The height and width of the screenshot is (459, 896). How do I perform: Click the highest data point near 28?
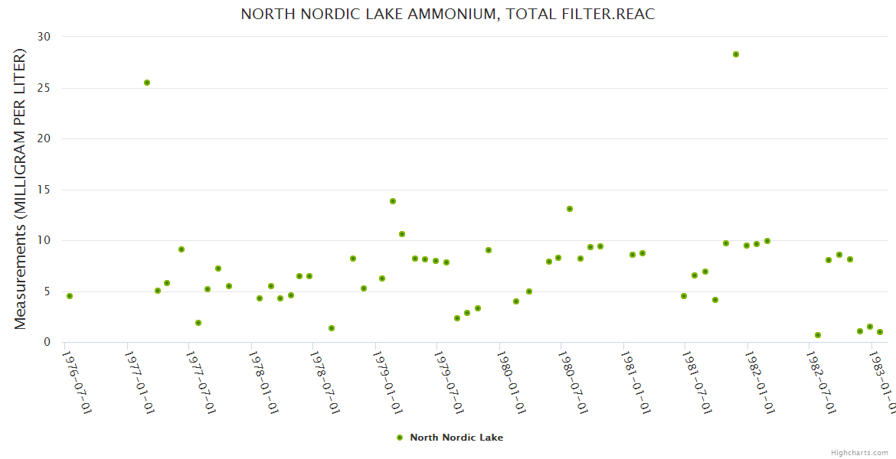pos(736,54)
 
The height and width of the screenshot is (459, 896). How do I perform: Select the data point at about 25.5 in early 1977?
pos(147,83)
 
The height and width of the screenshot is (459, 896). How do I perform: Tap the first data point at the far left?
pos(70,296)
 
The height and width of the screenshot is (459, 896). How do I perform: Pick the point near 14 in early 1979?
pos(393,201)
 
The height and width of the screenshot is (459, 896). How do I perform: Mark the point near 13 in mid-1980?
pos(570,209)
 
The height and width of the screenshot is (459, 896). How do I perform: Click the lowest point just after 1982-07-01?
pos(818,335)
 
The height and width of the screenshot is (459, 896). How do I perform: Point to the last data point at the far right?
pos(880,332)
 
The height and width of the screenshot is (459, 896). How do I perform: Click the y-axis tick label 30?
pos(44,37)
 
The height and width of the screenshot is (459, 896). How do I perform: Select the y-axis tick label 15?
pos(44,190)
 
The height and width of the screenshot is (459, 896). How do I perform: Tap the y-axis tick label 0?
pos(47,343)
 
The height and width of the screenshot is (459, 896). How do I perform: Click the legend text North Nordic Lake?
pos(456,438)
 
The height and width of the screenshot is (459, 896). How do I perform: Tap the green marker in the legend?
pos(399,438)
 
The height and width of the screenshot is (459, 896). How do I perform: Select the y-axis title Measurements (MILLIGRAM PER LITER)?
pos(21,190)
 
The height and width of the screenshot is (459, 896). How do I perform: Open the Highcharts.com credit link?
pos(860,453)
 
